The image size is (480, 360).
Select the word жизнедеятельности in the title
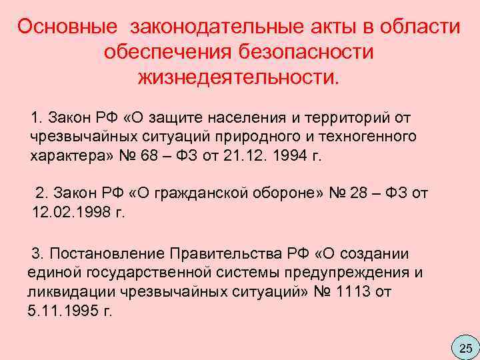[238, 77]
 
